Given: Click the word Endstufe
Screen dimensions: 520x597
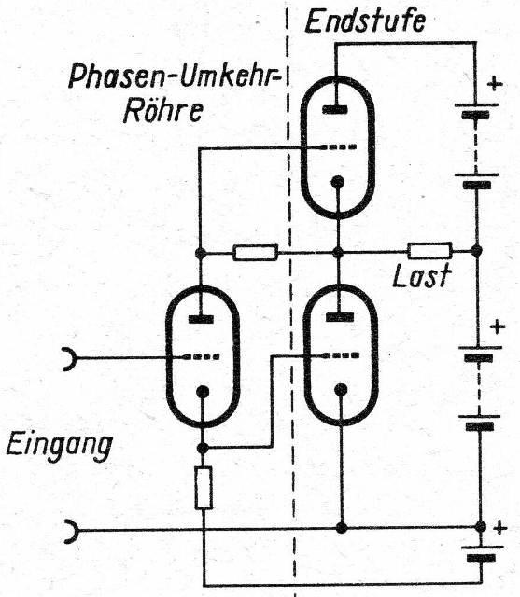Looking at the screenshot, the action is pyautogui.click(x=365, y=21).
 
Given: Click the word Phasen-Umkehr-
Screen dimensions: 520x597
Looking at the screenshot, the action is pyautogui.click(x=174, y=76).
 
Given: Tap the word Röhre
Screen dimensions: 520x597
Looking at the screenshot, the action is pyautogui.click(x=162, y=112).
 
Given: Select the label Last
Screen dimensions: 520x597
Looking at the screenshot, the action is pyautogui.click(x=422, y=276).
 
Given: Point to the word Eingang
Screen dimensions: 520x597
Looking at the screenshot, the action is pyautogui.click(x=60, y=448).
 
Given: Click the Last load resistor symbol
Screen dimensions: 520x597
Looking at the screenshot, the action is pyautogui.click(x=429, y=251).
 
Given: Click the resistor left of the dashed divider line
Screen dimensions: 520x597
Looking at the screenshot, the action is pyautogui.click(x=255, y=253).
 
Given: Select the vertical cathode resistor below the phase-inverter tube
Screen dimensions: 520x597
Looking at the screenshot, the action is pyautogui.click(x=203, y=488).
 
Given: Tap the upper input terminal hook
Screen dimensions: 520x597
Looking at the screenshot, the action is pyautogui.click(x=71, y=358).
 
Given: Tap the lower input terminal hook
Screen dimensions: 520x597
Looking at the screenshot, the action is pyautogui.click(x=73, y=531).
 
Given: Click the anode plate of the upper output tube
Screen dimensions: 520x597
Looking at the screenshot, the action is pyautogui.click(x=335, y=110).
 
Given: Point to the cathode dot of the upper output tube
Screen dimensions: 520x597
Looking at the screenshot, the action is pyautogui.click(x=338, y=183).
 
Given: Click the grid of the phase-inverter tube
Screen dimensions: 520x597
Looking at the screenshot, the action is pyautogui.click(x=201, y=357).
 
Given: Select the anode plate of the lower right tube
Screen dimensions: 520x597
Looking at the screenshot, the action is pyautogui.click(x=340, y=317).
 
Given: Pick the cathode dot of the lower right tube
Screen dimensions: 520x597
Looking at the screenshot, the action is pyautogui.click(x=341, y=390).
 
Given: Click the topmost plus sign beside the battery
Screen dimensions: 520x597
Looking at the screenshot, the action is pyautogui.click(x=495, y=83).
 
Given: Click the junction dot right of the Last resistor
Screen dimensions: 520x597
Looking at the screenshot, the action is pyautogui.click(x=475, y=251).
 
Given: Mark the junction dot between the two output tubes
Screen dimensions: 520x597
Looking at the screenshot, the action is pyautogui.click(x=338, y=252).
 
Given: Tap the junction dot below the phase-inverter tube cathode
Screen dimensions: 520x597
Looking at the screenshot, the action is pyautogui.click(x=203, y=448).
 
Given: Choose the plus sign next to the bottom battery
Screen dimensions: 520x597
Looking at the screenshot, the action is pyautogui.click(x=500, y=529).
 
